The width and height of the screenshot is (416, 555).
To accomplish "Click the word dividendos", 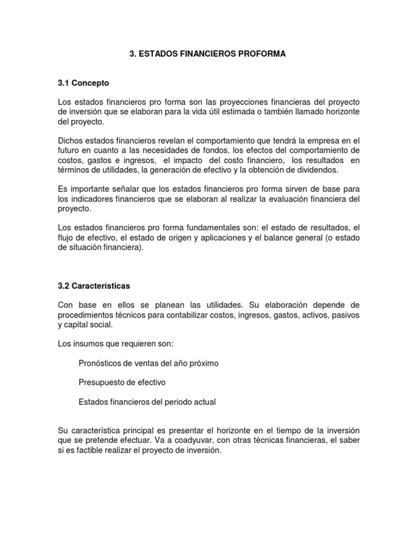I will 318,170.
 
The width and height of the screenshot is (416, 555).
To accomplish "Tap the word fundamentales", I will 207,228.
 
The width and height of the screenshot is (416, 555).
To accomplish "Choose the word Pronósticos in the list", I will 101,363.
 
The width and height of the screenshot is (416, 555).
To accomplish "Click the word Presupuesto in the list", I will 101,382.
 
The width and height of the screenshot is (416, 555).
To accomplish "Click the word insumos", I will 87,344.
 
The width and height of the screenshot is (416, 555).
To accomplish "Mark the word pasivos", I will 344,314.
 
